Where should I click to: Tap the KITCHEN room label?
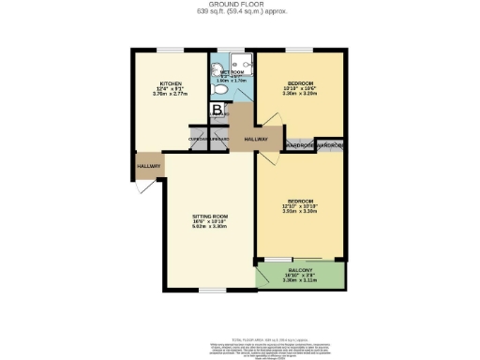point(170,82)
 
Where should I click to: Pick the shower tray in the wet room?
point(244,66)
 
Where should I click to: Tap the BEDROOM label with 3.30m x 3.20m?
point(300,82)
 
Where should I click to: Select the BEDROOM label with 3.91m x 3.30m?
point(300,202)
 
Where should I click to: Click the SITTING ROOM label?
point(210,217)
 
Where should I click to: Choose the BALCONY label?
point(300,269)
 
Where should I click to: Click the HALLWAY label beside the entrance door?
point(149,167)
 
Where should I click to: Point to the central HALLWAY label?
point(256,139)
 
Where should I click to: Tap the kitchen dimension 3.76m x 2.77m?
point(170,94)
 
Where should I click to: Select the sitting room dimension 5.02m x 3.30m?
point(210,228)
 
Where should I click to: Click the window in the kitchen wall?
point(170,50)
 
